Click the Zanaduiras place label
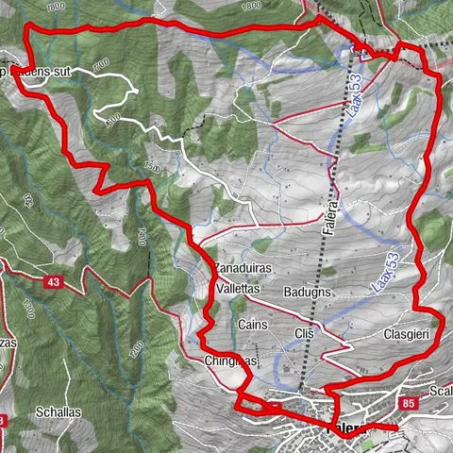pos(243,268)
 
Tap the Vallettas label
pos(238,288)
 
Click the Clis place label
pos(303,335)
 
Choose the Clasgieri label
pos(408,334)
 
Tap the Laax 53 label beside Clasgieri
pos(387,270)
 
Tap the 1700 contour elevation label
pos(100,62)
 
